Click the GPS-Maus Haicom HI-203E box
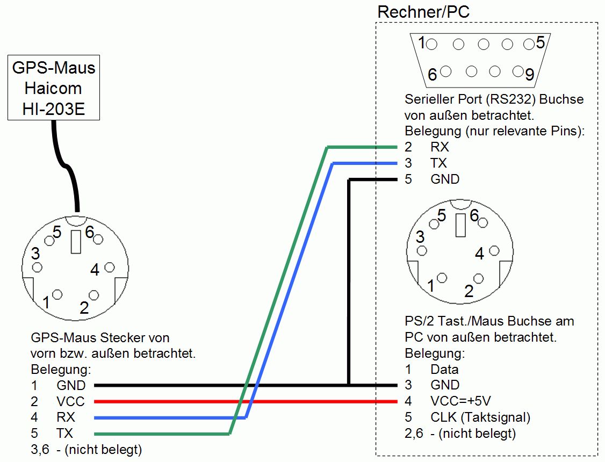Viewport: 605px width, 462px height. pos(53,88)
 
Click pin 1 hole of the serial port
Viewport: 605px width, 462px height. pos(433,44)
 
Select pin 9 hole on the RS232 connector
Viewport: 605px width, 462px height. pos(518,71)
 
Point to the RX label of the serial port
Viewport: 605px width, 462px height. pos(440,147)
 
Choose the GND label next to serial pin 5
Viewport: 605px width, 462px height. pos(445,179)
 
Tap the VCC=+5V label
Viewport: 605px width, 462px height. pos(460,401)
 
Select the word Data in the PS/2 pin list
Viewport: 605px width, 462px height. pos(444,369)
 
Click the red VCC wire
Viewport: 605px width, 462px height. pos(242,401)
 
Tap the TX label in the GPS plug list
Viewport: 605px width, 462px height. pos(64,433)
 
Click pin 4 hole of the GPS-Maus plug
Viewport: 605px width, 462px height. pos(110,267)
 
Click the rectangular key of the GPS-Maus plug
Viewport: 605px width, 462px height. pos(76,242)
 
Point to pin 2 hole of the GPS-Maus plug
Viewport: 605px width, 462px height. pos(95,295)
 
